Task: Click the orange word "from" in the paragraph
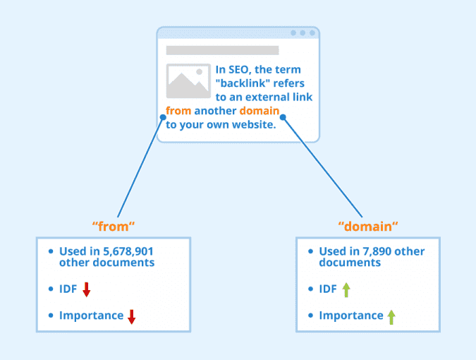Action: (178, 111)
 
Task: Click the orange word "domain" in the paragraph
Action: (260, 111)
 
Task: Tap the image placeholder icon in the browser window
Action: (188, 80)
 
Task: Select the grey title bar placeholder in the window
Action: (223, 50)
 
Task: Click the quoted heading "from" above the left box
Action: (114, 227)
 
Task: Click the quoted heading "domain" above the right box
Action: (368, 227)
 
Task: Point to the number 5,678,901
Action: (128, 251)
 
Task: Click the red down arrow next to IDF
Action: (87, 289)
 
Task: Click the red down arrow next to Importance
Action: (131, 316)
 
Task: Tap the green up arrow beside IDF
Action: (346, 289)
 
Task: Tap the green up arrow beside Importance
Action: (391, 317)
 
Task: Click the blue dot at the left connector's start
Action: (163, 117)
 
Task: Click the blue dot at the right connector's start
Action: (283, 117)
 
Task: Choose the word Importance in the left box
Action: (92, 316)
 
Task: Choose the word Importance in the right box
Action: (351, 316)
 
